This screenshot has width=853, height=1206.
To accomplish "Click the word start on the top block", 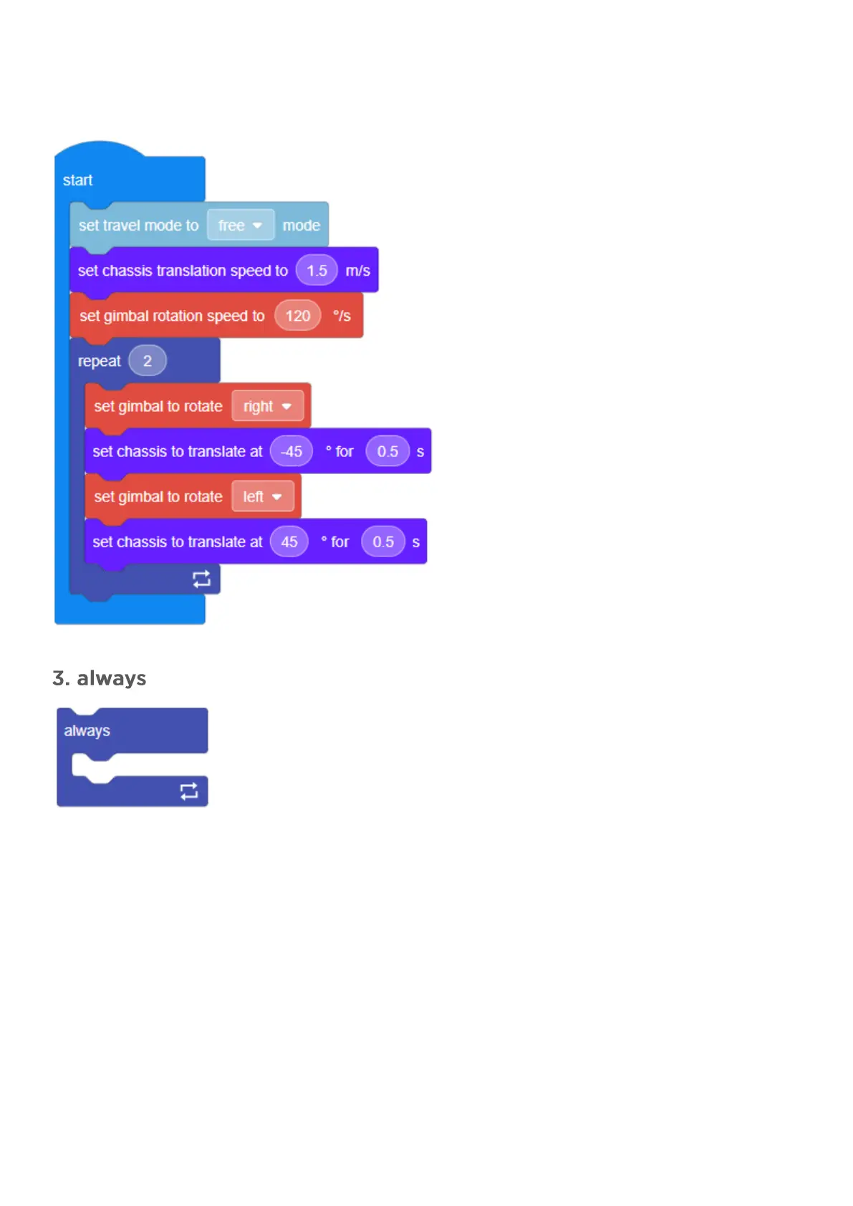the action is [77, 180].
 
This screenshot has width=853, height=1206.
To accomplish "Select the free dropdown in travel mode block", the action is [240, 226].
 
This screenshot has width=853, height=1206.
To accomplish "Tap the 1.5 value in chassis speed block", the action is [317, 271].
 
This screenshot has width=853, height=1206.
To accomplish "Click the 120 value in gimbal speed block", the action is [298, 316].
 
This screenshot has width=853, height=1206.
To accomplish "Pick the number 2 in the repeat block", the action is [148, 361].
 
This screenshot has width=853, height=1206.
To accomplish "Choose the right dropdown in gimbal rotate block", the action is [267, 407].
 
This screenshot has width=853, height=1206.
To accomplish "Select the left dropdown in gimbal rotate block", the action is [262, 497].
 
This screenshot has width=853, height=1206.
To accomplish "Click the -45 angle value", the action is [291, 452].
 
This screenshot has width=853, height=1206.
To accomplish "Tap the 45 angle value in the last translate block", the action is [289, 542].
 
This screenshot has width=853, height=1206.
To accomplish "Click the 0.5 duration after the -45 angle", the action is [387, 452].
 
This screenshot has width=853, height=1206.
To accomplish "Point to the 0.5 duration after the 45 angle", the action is [383, 542].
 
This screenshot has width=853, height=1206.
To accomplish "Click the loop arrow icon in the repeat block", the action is [201, 579].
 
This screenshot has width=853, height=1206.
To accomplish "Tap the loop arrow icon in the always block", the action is [189, 791].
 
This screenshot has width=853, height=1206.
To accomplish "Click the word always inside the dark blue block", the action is [87, 731].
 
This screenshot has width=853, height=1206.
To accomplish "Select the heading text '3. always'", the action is [100, 678].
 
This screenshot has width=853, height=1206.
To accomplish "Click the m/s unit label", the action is [358, 271].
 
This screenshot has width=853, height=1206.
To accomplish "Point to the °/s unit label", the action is [342, 316].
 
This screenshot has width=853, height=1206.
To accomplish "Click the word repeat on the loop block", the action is [99, 362].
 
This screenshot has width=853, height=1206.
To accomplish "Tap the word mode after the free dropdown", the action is [301, 226].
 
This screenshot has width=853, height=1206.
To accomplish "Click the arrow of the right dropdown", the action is [286, 407].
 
